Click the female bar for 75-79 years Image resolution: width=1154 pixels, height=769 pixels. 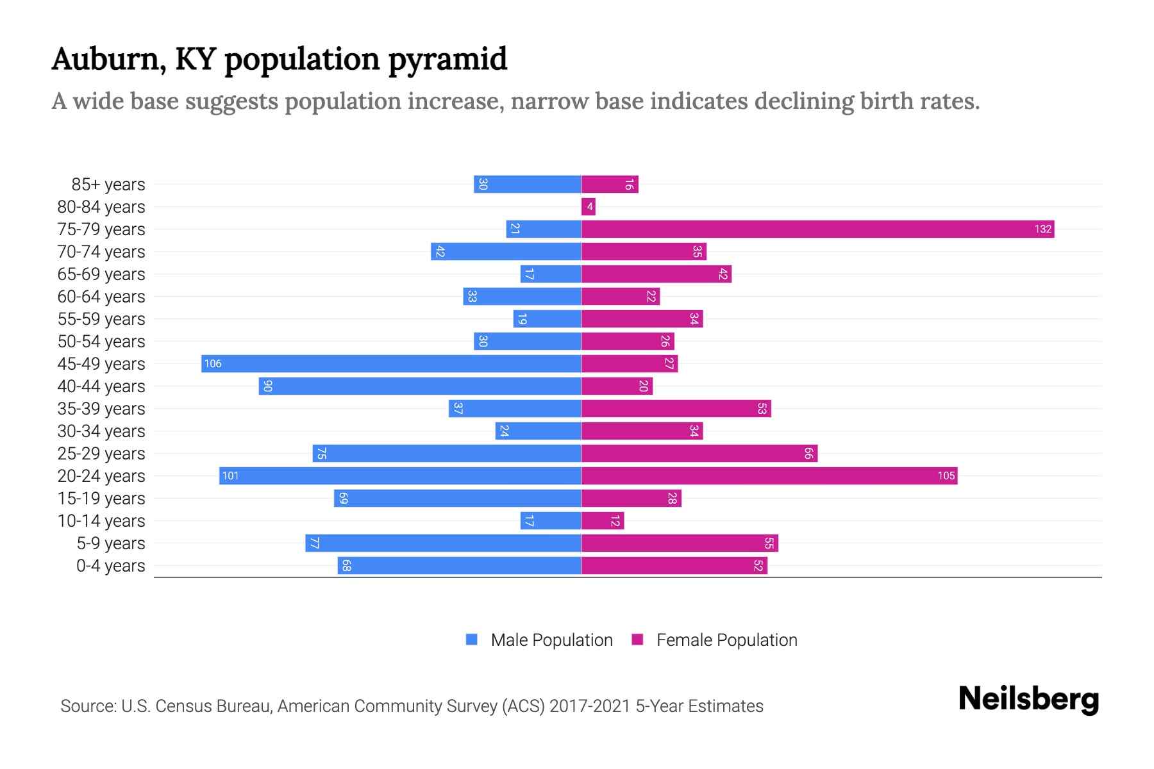817,229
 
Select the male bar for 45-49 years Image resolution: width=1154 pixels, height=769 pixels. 391,363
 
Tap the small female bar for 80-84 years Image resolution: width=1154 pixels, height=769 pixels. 588,206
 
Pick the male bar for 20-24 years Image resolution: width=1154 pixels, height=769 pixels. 400,475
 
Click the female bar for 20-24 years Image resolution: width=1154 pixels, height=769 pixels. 769,475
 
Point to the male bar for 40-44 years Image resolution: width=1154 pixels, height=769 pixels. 420,386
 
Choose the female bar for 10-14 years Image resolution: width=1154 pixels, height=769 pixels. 602,520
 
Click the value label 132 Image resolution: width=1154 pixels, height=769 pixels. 1042,229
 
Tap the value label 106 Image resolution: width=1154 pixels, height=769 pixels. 212,363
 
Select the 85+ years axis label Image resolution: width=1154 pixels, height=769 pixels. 108,185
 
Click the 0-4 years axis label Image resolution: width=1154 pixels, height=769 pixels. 110,566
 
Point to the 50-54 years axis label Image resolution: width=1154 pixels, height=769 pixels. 101,342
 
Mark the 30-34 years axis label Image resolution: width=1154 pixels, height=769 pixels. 101,431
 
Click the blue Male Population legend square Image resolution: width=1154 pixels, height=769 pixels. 472,640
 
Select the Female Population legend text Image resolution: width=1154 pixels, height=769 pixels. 726,640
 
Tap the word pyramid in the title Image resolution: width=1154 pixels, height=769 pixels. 447,60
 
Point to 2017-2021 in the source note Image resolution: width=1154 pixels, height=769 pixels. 589,706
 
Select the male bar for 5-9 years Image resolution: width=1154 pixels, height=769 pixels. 443,543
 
